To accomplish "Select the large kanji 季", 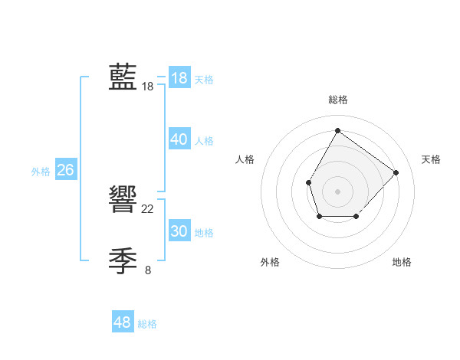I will tap(123, 260).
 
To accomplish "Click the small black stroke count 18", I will tap(148, 87).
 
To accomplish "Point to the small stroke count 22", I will tap(148, 208).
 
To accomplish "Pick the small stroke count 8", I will tap(148, 270).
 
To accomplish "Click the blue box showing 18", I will tap(179, 78).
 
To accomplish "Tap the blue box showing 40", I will tap(179, 139).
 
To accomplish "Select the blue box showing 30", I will tap(179, 231).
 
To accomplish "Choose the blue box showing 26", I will tap(65, 170).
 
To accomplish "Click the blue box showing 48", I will tap(122, 322).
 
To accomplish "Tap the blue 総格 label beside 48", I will tap(147, 324).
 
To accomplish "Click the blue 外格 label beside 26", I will tap(41, 172).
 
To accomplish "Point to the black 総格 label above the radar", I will tap(337, 100).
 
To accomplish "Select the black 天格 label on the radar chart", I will tap(432, 159).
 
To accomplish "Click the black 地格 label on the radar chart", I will tap(402, 263).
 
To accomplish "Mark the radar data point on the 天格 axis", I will tap(396, 172).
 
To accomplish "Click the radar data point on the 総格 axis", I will tap(337, 130).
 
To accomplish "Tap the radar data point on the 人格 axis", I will tap(308, 182).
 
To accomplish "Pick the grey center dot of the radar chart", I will tap(337, 191).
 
